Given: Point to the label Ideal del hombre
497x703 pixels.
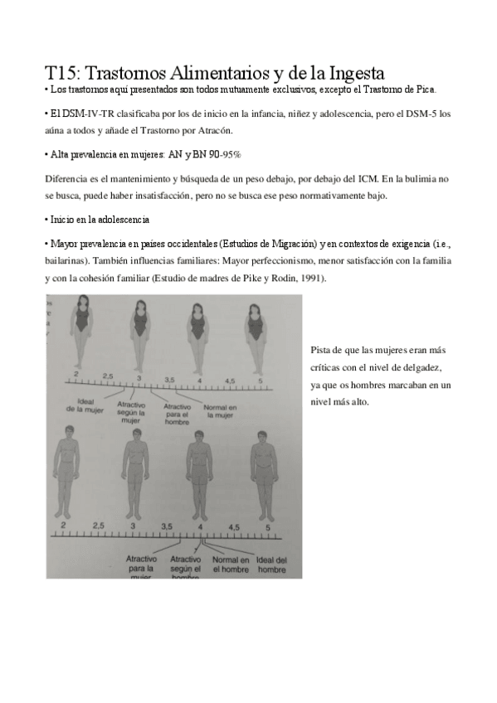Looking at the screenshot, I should coord(270,563).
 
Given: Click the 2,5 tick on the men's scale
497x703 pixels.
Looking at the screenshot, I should coord(99,526).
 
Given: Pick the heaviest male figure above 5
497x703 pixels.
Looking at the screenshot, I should coord(261,473).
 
